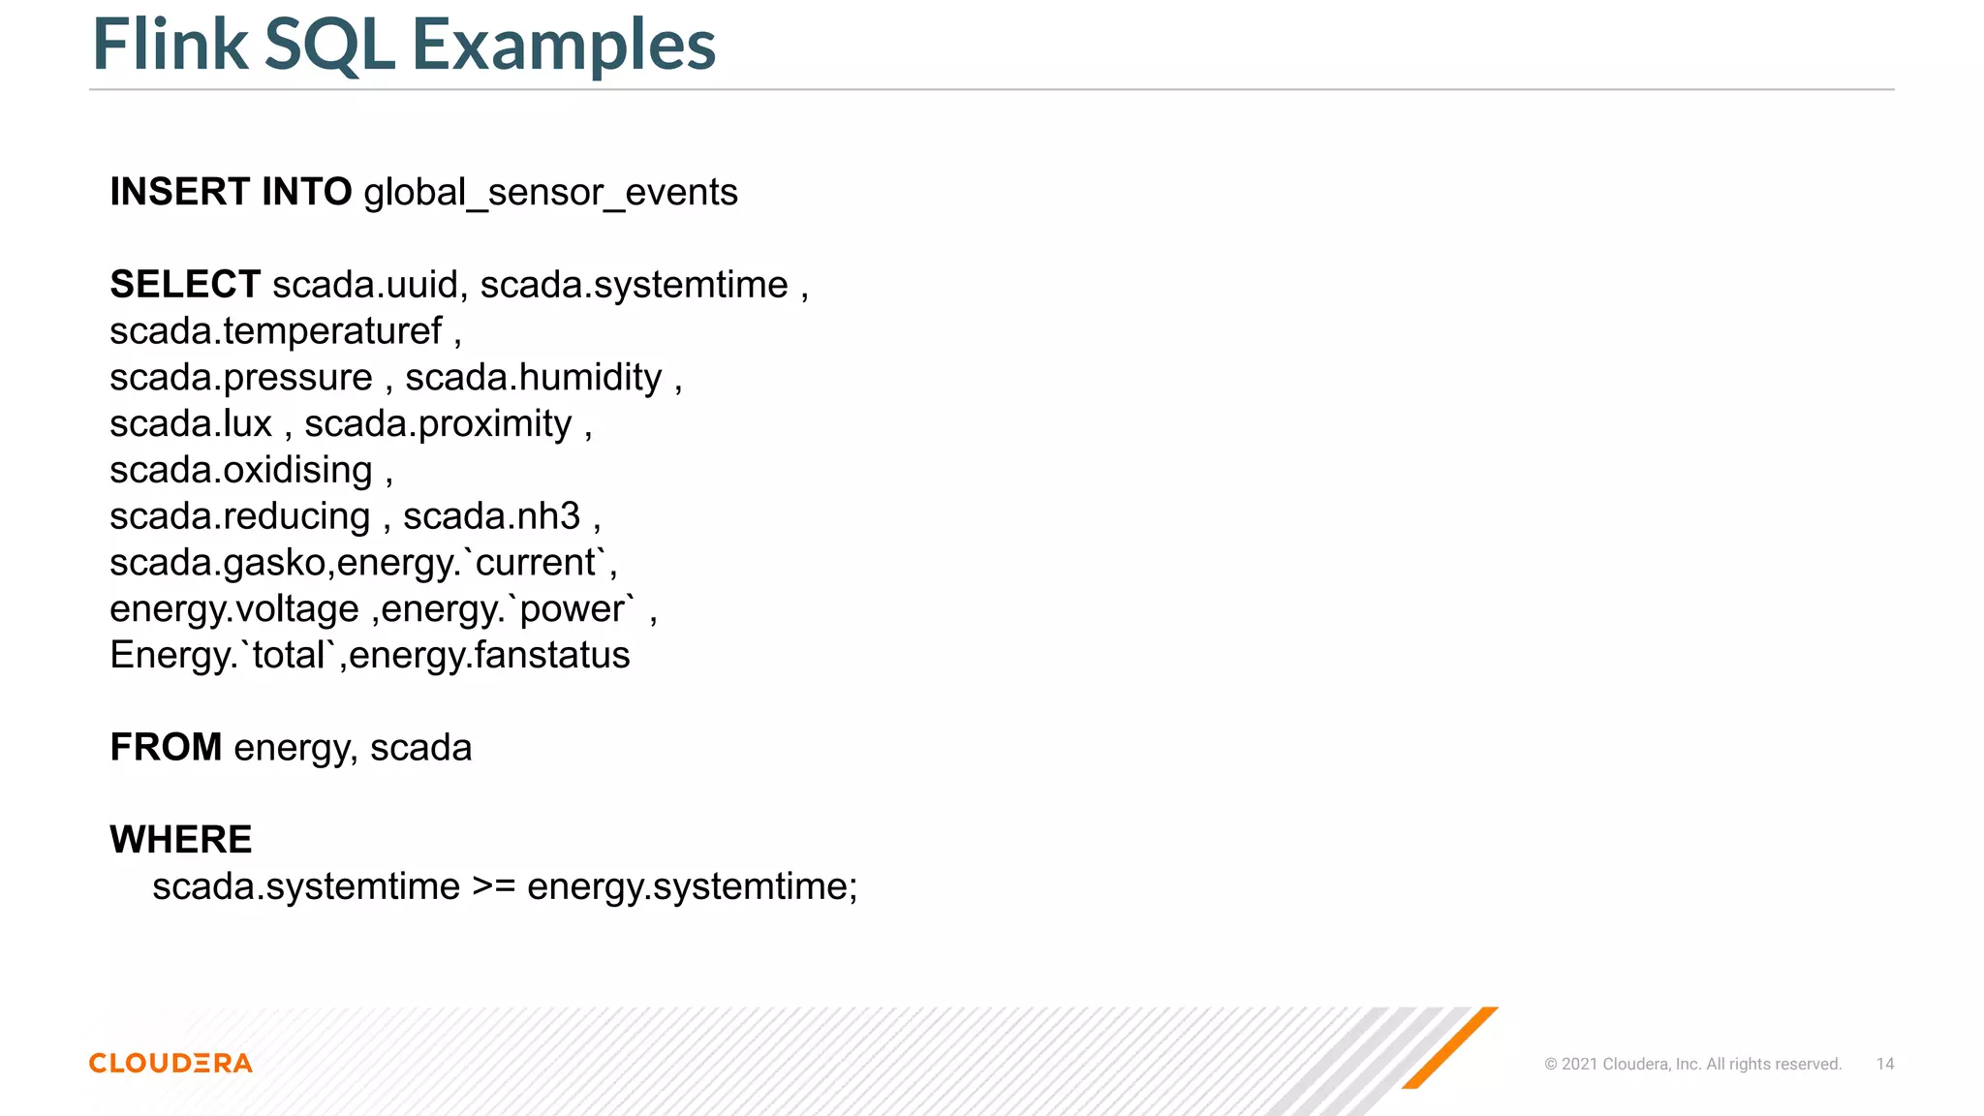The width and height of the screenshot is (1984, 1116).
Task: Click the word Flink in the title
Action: [170, 45]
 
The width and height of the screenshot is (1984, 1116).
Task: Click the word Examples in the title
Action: [563, 45]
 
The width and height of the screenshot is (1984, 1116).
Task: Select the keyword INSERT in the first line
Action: [180, 192]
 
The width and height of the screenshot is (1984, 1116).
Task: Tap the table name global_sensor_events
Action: [550, 193]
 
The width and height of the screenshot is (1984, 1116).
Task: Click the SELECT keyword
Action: [185, 285]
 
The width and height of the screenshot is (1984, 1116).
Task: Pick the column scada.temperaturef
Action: [275, 331]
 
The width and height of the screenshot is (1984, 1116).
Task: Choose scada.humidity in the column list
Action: [533, 377]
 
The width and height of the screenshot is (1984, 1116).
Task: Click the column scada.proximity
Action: [438, 424]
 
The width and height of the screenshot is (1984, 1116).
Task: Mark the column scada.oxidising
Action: [240, 470]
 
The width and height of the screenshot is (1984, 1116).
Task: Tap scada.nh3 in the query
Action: [491, 516]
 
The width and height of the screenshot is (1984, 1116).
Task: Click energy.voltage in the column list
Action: [233, 609]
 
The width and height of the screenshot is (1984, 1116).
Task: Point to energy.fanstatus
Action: [489, 656]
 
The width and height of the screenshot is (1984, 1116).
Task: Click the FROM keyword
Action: [166, 748]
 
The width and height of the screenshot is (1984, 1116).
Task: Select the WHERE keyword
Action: [180, 840]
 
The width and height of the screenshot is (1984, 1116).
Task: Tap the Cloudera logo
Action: [170, 1063]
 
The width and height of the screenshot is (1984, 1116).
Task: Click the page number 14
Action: [1884, 1064]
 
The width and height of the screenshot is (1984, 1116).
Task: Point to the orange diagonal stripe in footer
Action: [1450, 1047]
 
